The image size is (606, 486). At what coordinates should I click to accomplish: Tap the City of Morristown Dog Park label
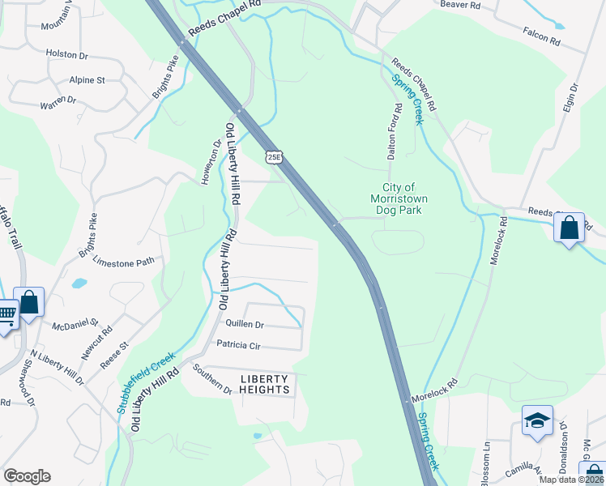[399, 198]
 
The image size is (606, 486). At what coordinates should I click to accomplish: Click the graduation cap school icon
[537, 421]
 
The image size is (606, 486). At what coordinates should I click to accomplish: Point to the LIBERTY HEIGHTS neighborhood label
[265, 384]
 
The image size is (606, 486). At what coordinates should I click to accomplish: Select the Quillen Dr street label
[245, 324]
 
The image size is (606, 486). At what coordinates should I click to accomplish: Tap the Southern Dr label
[212, 379]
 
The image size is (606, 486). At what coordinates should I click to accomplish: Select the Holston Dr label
[66, 54]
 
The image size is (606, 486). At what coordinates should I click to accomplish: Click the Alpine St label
[87, 80]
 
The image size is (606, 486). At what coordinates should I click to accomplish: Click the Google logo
[27, 476]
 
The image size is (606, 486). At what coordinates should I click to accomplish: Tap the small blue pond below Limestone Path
[79, 283]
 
